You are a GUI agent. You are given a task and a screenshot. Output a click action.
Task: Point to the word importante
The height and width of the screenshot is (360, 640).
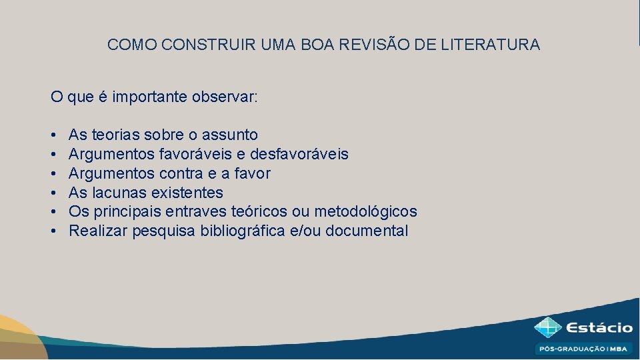[x=150, y=97]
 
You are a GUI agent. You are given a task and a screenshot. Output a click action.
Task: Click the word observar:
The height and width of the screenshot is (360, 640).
[x=224, y=97]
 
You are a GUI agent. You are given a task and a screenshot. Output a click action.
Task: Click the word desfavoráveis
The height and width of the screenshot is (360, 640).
[x=299, y=155]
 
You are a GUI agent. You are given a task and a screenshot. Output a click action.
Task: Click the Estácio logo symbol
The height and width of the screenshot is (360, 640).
[x=547, y=328]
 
